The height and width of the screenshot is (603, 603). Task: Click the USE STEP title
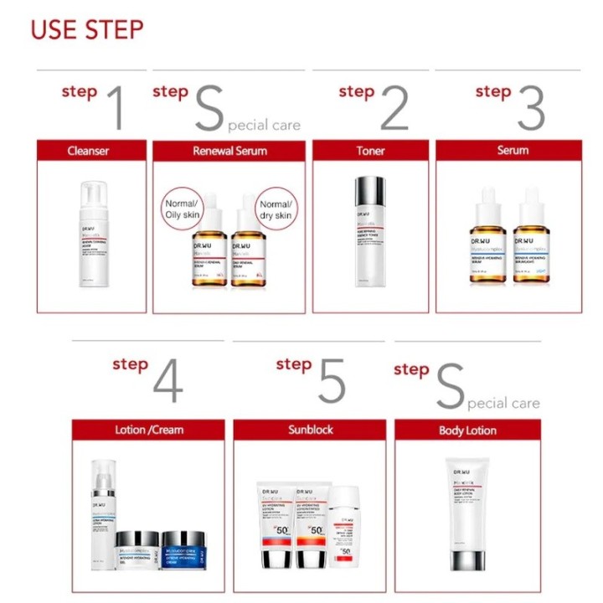coord(87,29)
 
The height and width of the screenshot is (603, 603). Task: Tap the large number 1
coord(117,107)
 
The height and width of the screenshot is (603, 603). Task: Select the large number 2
coord(394,107)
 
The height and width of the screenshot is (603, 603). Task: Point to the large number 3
coord(530,107)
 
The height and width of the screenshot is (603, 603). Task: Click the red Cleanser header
coord(89,151)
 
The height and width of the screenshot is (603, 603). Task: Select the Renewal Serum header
coord(229,151)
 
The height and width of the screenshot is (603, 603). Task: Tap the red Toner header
coord(370,151)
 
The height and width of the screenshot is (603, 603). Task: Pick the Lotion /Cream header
coord(148,430)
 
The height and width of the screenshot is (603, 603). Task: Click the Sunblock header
coord(310,430)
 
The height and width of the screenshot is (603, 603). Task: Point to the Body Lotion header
coord(467,430)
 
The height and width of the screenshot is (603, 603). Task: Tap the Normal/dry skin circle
coord(276,209)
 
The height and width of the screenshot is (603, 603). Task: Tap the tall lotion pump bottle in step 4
coord(102,513)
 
